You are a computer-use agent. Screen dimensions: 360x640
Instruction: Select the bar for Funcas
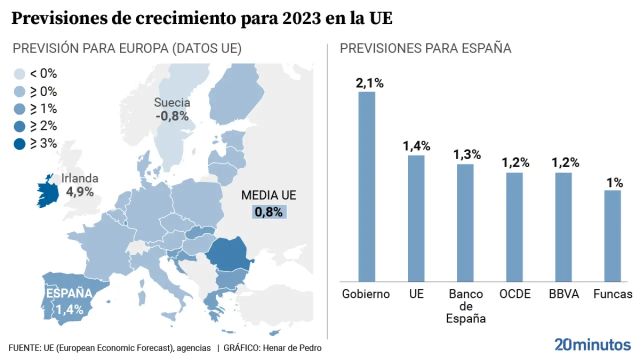[612, 235]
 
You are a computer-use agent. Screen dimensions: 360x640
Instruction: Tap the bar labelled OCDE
[514, 227]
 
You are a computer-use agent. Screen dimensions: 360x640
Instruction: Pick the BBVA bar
[563, 227]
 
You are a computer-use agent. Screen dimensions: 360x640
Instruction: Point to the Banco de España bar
[465, 222]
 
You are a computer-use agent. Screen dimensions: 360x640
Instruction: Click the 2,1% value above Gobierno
[369, 83]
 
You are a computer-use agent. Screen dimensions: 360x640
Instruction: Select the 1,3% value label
[467, 154]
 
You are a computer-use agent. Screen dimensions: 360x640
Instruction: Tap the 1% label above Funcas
[614, 182]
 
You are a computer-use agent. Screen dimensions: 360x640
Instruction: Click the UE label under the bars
[416, 294]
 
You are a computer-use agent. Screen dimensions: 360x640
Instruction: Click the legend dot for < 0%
[19, 74]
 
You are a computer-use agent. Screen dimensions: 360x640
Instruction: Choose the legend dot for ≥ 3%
[19, 144]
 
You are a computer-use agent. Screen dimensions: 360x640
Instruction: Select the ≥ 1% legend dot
[19, 109]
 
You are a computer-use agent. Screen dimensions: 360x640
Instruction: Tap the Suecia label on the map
[172, 103]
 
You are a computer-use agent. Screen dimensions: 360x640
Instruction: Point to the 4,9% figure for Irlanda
[80, 191]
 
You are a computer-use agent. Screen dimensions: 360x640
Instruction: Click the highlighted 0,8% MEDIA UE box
[269, 211]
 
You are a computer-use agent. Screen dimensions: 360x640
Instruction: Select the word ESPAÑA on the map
[69, 293]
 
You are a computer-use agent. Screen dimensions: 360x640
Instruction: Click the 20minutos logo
[592, 344]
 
